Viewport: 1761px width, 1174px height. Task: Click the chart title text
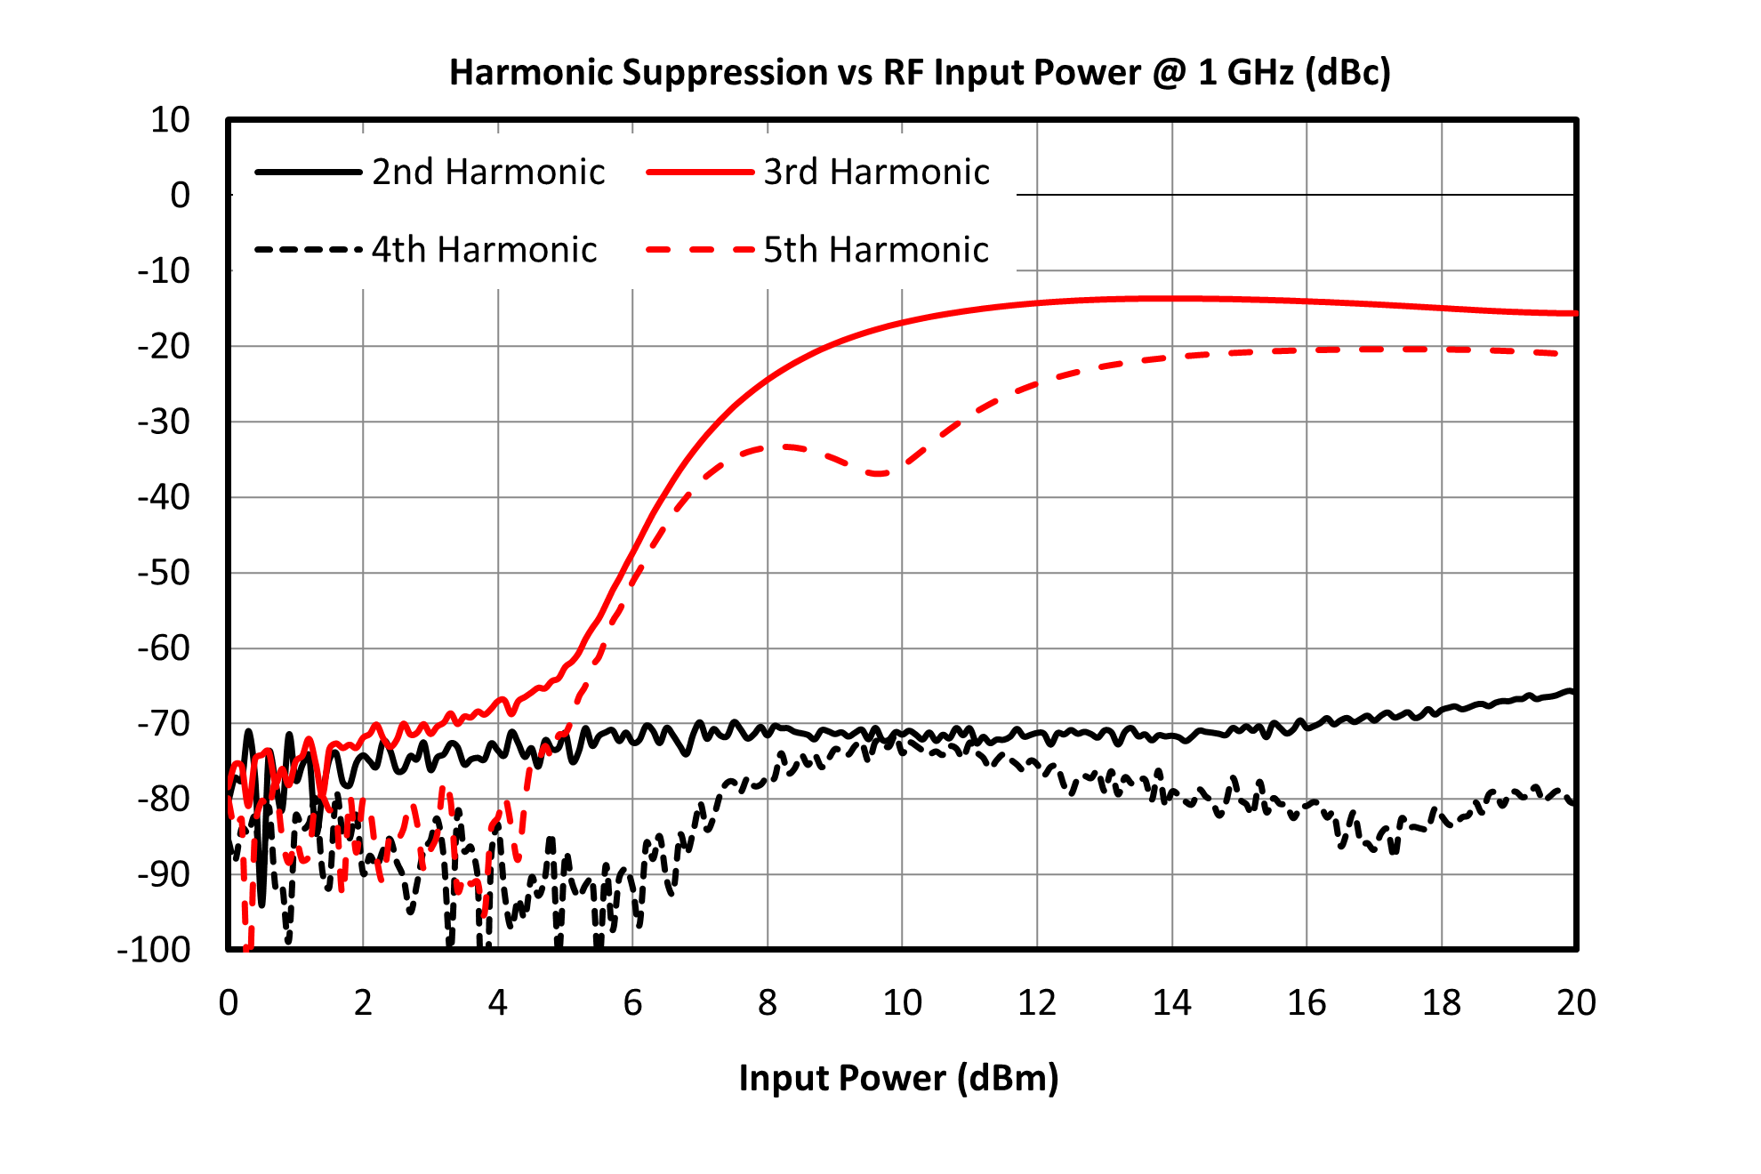pyautogui.click(x=920, y=72)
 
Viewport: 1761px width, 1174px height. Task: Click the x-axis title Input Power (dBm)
pyautogui.click(x=898, y=1078)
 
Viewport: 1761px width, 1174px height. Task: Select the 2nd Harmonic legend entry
pyautogui.click(x=430, y=172)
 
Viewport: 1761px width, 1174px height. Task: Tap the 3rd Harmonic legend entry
pyautogui.click(x=817, y=172)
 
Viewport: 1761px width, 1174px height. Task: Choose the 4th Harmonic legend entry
pyautogui.click(x=425, y=250)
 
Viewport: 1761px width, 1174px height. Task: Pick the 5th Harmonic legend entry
pyautogui.click(x=817, y=250)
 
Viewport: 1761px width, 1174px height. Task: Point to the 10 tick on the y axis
pyautogui.click(x=170, y=119)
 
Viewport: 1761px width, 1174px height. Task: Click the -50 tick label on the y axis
pyautogui.click(x=164, y=573)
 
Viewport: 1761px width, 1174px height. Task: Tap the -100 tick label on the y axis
pyautogui.click(x=154, y=950)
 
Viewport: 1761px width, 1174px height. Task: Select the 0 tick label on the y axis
pyautogui.click(x=181, y=195)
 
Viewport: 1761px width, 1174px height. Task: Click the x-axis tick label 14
pyautogui.click(x=1171, y=1002)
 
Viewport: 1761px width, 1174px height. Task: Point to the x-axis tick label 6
pyautogui.click(x=632, y=1002)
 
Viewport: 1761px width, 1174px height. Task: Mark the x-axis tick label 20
pyautogui.click(x=1576, y=1002)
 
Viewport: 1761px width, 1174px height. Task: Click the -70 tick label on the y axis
pyautogui.click(x=164, y=724)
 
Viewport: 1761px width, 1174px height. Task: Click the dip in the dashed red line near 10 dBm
pyautogui.click(x=879, y=473)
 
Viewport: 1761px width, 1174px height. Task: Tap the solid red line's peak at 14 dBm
pyautogui.click(x=1171, y=298)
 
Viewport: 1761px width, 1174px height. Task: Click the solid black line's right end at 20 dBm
pyautogui.click(x=1572, y=691)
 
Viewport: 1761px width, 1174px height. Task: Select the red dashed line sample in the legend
pyautogui.click(x=700, y=250)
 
